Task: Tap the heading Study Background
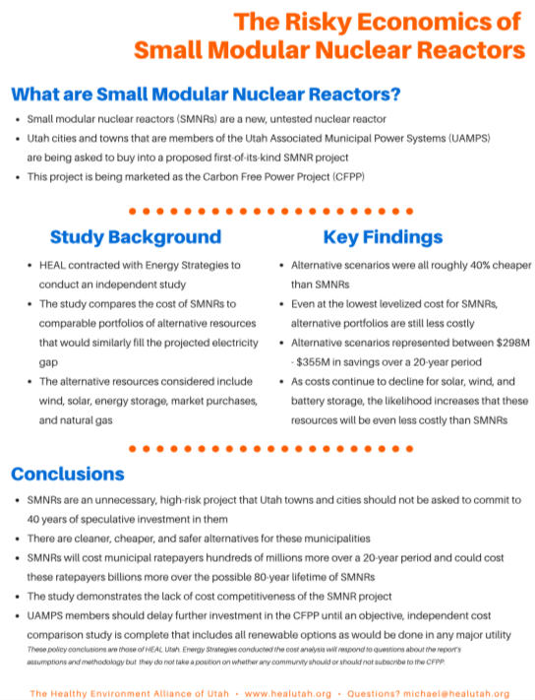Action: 136,237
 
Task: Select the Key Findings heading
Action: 383,237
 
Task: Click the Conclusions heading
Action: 67,475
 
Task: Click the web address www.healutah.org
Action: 288,694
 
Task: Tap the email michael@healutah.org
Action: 456,694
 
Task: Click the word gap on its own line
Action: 48,363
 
